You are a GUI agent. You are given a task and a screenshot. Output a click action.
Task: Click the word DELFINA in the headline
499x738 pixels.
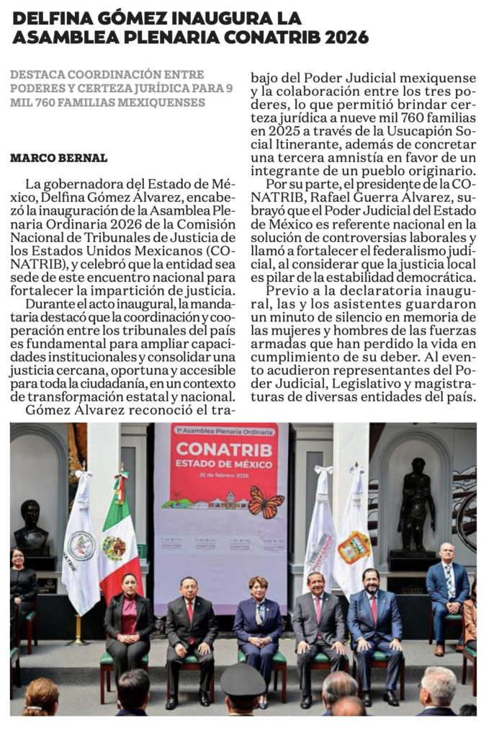tap(49, 18)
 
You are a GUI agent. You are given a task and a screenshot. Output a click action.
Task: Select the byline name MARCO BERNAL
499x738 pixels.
tap(59, 158)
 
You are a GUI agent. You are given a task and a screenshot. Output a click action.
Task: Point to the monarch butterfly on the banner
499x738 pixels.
tap(266, 502)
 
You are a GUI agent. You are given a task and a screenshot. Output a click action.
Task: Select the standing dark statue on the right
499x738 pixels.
tap(417, 504)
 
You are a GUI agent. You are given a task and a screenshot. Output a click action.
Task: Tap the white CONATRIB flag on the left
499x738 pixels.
tap(81, 541)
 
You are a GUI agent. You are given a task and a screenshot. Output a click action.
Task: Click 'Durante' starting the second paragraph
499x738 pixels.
tap(48, 305)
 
